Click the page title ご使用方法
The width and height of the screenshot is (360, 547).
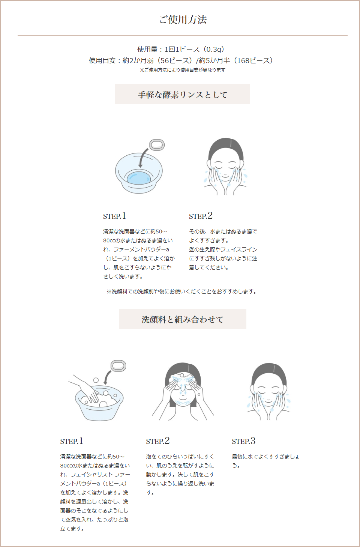(x=183, y=20)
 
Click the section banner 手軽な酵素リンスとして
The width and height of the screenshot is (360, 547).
(x=183, y=95)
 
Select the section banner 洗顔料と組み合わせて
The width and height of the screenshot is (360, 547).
(x=183, y=319)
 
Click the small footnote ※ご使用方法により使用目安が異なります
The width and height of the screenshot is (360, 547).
(x=183, y=70)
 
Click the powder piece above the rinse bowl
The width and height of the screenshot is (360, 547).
(x=157, y=145)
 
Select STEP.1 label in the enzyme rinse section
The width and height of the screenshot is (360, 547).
(x=114, y=216)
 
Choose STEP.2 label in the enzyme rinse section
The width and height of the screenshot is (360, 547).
(x=201, y=216)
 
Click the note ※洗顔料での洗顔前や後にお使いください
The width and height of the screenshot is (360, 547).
(x=182, y=292)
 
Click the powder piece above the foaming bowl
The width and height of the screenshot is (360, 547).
(x=118, y=366)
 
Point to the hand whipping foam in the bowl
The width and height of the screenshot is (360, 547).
(x=85, y=389)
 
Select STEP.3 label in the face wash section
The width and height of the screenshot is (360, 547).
(x=243, y=441)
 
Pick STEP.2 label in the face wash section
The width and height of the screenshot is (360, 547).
(x=158, y=441)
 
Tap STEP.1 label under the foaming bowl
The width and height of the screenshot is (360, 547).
(x=72, y=441)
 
